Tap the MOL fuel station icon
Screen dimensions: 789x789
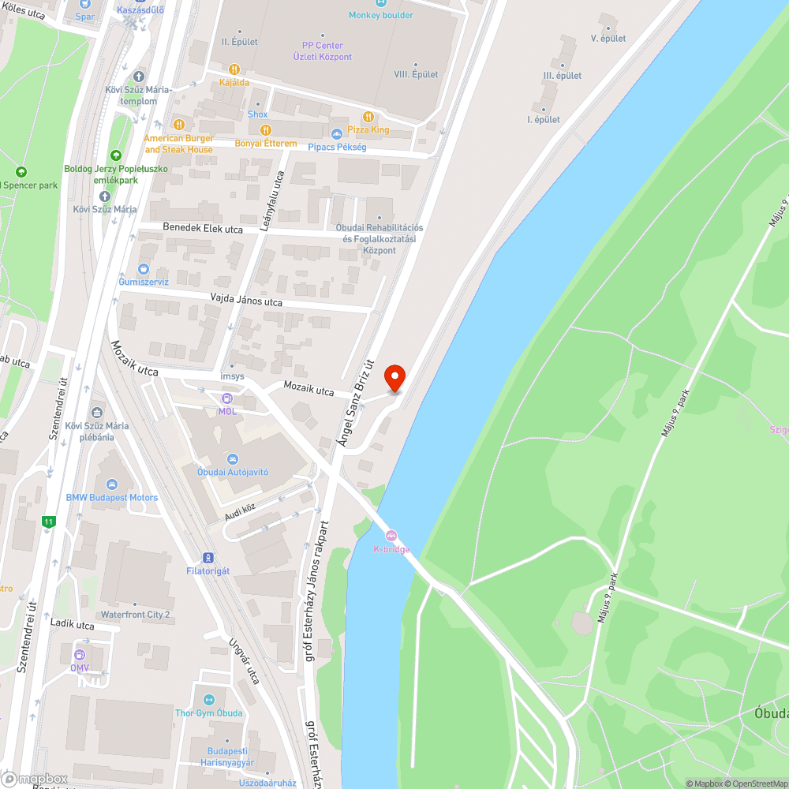pyautogui.click(x=227, y=399)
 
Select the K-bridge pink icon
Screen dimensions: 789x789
pyautogui.click(x=391, y=537)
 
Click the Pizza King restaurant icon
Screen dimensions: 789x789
pyautogui.click(x=368, y=118)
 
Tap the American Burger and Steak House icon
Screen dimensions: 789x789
pyautogui.click(x=179, y=125)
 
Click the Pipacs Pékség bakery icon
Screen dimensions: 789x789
pyautogui.click(x=337, y=134)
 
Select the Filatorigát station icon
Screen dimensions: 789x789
pyautogui.click(x=208, y=558)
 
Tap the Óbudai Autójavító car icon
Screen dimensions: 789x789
pyautogui.click(x=232, y=459)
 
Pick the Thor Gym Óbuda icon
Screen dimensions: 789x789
pyautogui.click(x=208, y=700)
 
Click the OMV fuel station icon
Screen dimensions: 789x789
pyautogui.click(x=79, y=655)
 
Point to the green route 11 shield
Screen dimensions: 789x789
pyautogui.click(x=49, y=522)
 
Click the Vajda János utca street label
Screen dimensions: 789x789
pyautogui.click(x=246, y=301)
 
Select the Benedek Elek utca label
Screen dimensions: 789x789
pyautogui.click(x=203, y=228)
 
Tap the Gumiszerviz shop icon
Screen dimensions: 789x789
pyautogui.click(x=143, y=269)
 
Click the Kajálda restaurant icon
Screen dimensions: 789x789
pyautogui.click(x=234, y=69)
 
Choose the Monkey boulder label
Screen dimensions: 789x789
pyautogui.click(x=381, y=15)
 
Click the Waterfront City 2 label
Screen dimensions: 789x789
pyautogui.click(x=135, y=614)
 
